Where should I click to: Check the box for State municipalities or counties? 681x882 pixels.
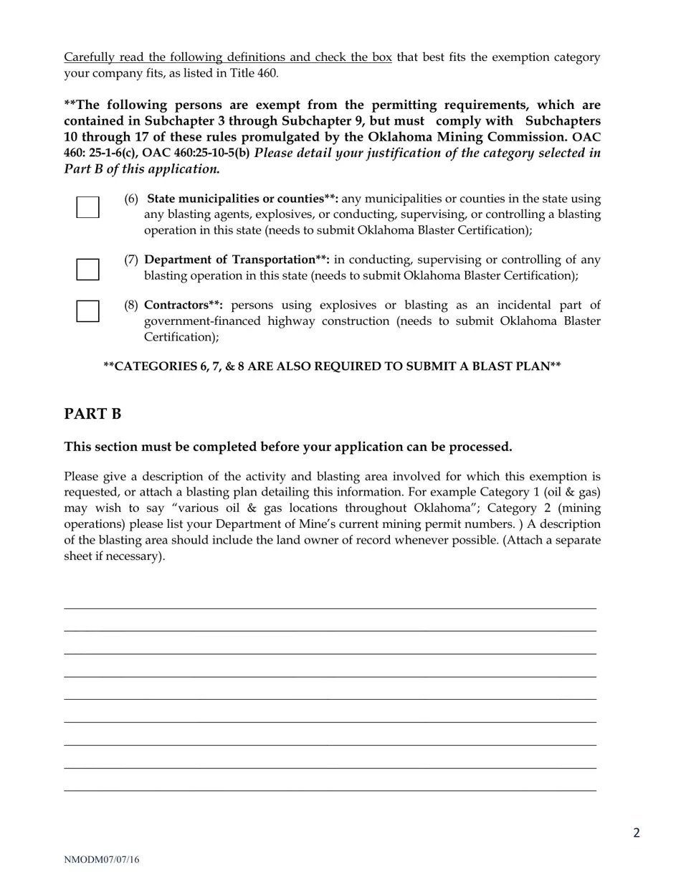click(87, 207)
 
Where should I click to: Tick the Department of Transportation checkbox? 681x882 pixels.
click(87, 269)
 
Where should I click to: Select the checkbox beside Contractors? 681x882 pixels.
click(87, 311)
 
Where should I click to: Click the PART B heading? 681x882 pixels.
click(92, 414)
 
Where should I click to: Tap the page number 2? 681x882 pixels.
click(636, 833)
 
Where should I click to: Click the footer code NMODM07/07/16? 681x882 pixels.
click(101, 860)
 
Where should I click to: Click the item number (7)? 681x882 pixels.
click(130, 260)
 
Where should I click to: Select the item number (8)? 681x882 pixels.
click(130, 305)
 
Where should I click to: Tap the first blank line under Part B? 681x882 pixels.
click(330, 607)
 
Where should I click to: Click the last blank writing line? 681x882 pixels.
click(330, 790)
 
